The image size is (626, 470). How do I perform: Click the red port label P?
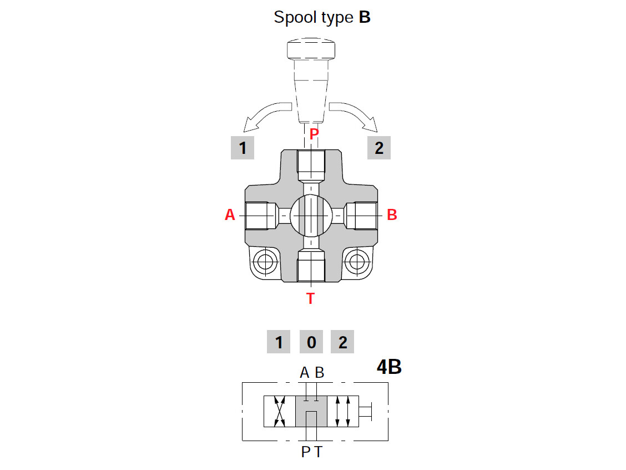[314, 134]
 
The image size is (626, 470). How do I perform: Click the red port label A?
[230, 215]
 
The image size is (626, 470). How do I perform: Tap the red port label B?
[392, 215]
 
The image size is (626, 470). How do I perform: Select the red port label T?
[311, 299]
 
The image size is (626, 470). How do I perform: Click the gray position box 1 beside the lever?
[243, 148]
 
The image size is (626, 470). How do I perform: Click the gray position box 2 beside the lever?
[379, 148]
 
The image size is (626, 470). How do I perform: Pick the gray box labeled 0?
[311, 342]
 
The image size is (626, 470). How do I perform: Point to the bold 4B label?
[388, 367]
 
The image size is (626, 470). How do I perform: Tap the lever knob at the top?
[311, 50]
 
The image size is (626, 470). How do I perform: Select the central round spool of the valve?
[311, 215]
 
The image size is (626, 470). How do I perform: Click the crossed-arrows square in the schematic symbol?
[279, 412]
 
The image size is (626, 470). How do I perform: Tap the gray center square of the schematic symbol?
[311, 412]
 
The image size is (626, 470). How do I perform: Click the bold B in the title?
[365, 17]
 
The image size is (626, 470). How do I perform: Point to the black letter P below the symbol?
[306, 452]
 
